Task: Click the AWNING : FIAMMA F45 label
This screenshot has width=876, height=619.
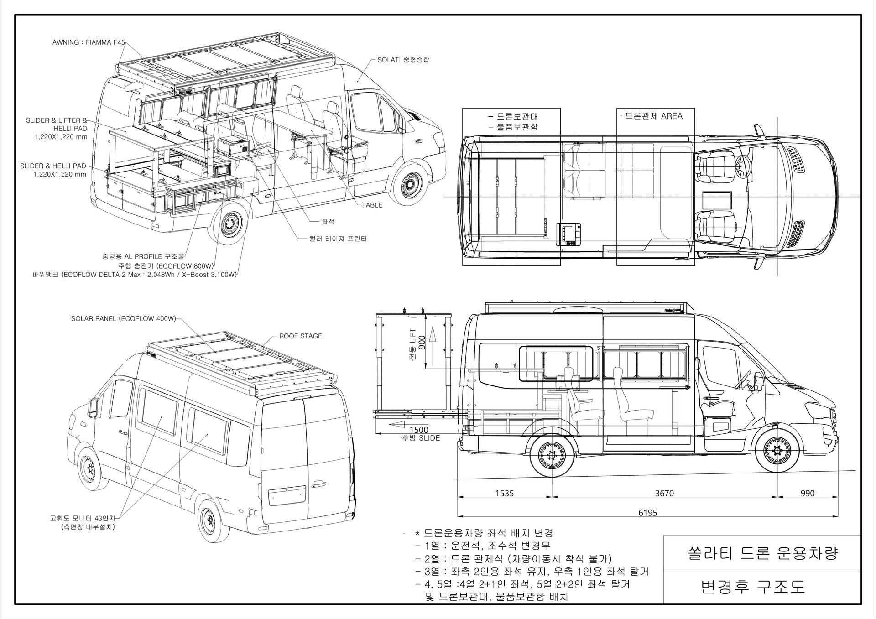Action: [89, 43]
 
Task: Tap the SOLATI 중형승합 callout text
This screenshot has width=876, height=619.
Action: [403, 60]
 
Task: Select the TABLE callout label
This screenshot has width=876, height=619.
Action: [372, 205]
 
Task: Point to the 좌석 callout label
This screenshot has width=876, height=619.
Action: [328, 222]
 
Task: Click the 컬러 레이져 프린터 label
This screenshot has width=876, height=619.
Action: [338, 239]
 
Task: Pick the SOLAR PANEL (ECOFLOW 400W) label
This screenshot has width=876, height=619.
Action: [123, 319]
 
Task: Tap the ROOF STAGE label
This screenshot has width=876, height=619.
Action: [301, 336]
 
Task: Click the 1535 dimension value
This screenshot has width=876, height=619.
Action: [505, 493]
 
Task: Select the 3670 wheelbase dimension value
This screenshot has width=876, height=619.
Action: [664, 493]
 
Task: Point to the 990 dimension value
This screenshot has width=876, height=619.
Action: [808, 493]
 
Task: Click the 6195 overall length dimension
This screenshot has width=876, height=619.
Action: [648, 513]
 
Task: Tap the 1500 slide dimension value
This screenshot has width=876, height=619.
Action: [419, 430]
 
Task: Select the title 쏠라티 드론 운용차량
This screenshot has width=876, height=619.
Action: [763, 555]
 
